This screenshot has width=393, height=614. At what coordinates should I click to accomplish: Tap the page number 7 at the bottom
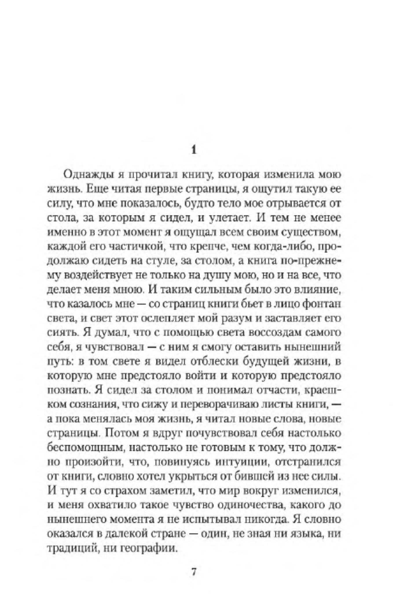tap(194, 572)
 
